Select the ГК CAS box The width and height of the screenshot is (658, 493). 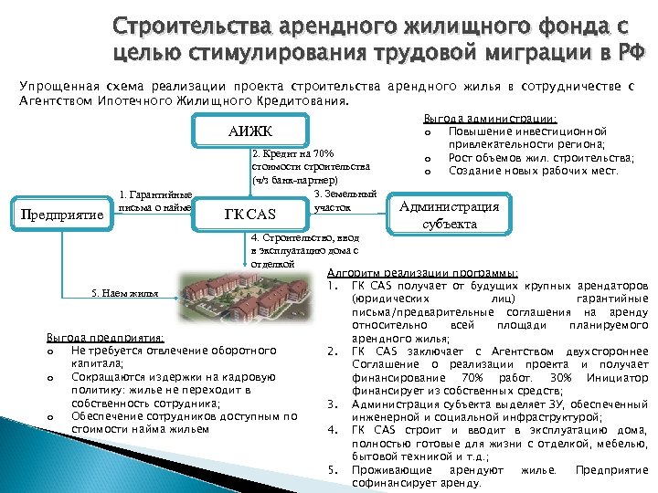click(249, 215)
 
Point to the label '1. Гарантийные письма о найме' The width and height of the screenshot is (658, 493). click(154, 200)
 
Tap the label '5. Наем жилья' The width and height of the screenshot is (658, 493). click(126, 293)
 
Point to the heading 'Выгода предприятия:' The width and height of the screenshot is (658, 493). click(104, 338)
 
